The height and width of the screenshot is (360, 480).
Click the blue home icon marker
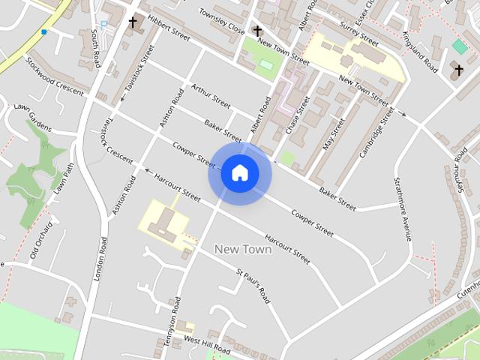(239, 173)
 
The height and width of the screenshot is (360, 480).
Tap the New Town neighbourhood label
(243, 248)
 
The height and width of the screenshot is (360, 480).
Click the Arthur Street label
(211, 97)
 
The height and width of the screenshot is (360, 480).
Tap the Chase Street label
(296, 117)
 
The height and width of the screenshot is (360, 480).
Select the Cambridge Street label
(376, 132)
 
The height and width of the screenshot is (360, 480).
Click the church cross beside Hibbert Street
(133, 22)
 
